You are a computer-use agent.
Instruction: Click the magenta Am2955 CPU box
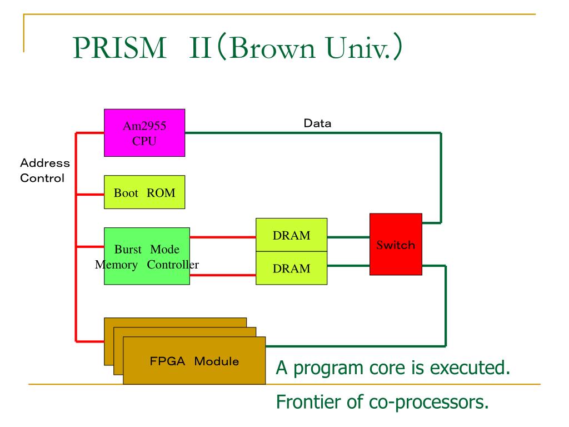[x=144, y=133]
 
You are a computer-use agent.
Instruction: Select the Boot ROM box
[x=144, y=192]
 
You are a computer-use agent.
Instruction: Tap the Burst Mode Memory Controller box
[x=147, y=256]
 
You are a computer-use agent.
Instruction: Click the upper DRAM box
[x=291, y=235]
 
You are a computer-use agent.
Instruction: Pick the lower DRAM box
[x=291, y=268]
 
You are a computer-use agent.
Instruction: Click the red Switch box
[x=396, y=245]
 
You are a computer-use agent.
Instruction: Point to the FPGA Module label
[x=194, y=361]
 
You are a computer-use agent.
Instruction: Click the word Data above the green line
[x=317, y=123]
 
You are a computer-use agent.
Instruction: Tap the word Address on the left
[x=45, y=163]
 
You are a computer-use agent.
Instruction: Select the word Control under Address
[x=42, y=178]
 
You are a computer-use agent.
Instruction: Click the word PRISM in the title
[x=119, y=48]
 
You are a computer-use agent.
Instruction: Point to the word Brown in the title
[x=272, y=48]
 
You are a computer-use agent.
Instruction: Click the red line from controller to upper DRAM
[x=223, y=237]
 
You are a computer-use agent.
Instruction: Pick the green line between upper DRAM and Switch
[x=348, y=237]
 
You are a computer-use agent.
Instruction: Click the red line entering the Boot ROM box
[x=91, y=195]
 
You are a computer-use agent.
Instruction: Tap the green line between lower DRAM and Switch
[x=348, y=266]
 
